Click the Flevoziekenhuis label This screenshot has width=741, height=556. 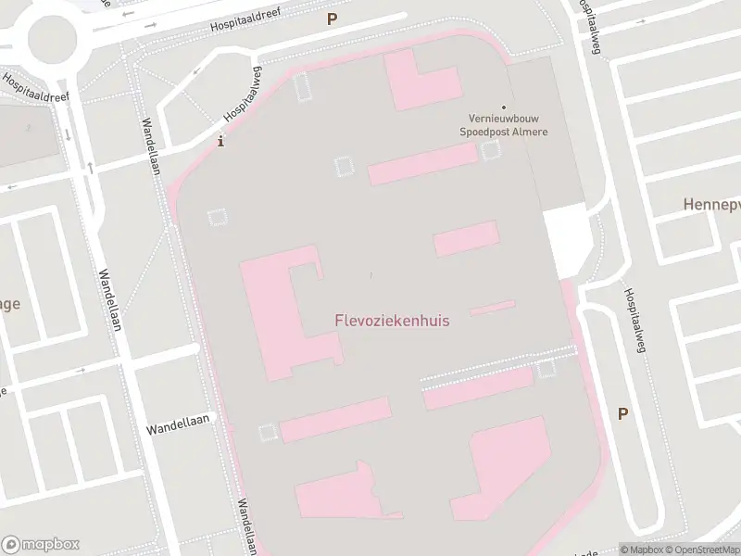coord(392,321)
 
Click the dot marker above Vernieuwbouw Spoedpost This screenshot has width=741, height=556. coord(504,108)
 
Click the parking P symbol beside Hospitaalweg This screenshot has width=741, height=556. coord(623,414)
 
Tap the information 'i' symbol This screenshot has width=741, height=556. coord(220,142)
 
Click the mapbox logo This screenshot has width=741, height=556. coord(41,545)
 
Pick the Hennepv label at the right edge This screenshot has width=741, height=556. coord(711,203)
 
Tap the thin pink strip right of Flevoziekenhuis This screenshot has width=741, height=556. coord(493,308)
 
